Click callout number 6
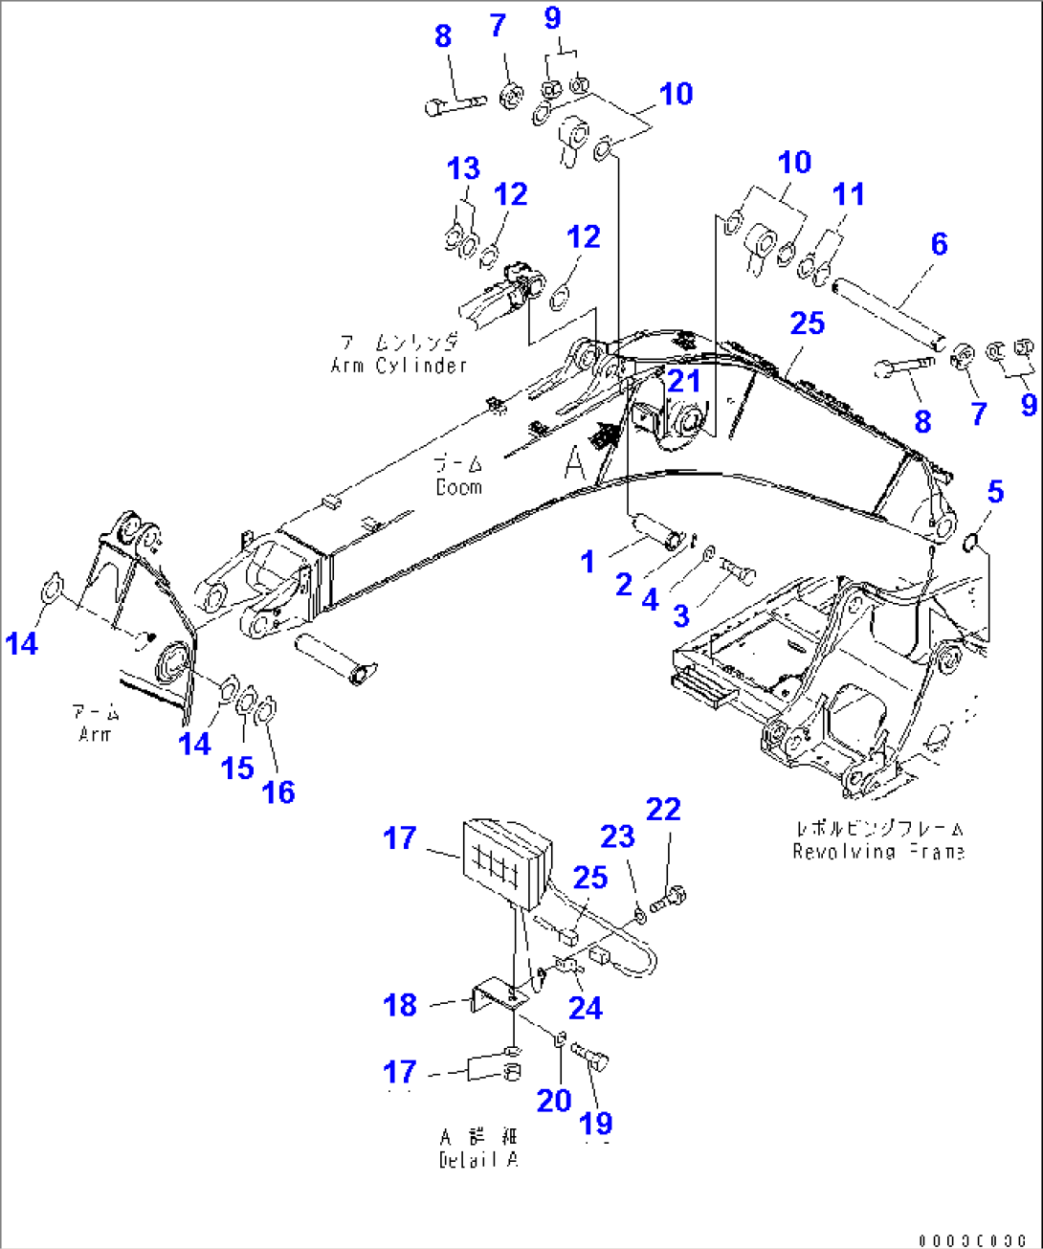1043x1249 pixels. [x=939, y=244]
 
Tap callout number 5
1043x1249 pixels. [x=995, y=492]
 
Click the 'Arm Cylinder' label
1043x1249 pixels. [x=398, y=365]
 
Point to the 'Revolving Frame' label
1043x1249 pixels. [x=877, y=852]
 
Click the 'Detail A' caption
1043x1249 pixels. [x=478, y=1160]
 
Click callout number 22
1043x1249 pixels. [x=663, y=810]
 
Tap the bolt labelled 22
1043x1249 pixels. [x=669, y=900]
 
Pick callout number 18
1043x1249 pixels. [x=400, y=1005]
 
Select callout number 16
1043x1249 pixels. [x=278, y=792]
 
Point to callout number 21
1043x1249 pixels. [x=683, y=381]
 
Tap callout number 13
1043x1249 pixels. [x=463, y=168]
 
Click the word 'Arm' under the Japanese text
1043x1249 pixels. [x=95, y=735]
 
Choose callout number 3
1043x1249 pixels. [x=680, y=615]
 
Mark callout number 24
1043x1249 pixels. [x=585, y=1007]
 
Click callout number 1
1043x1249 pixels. [x=588, y=562]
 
